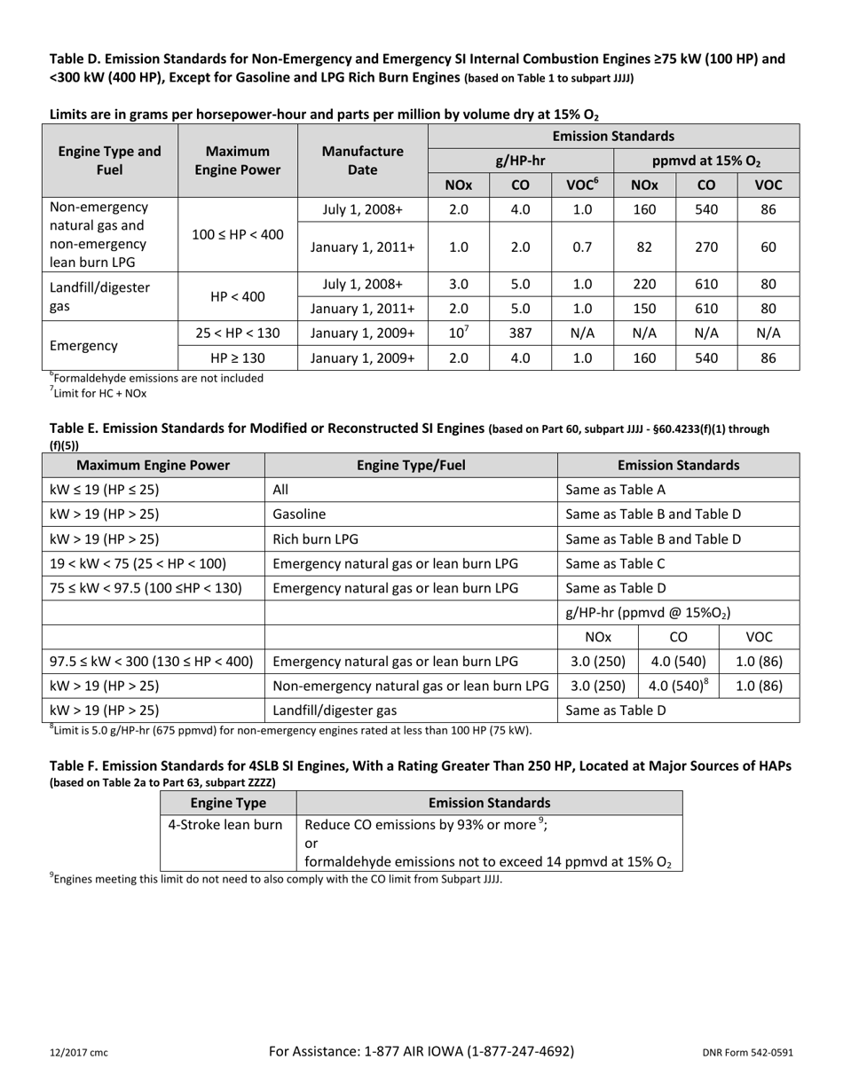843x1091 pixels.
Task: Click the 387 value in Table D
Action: [x=521, y=333]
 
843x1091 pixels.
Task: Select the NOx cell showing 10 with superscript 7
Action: [x=459, y=333]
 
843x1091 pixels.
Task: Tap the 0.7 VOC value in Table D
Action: [x=582, y=247]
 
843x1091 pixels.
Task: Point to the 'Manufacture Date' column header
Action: [x=362, y=161]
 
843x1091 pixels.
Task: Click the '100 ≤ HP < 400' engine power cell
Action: [x=238, y=234]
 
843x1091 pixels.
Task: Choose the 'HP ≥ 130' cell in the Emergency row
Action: [x=238, y=358]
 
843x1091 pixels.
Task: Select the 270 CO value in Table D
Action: [x=706, y=247]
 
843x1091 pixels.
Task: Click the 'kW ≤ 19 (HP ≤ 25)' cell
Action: [x=105, y=489]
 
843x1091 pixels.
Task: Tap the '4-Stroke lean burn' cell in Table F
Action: [x=225, y=824]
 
